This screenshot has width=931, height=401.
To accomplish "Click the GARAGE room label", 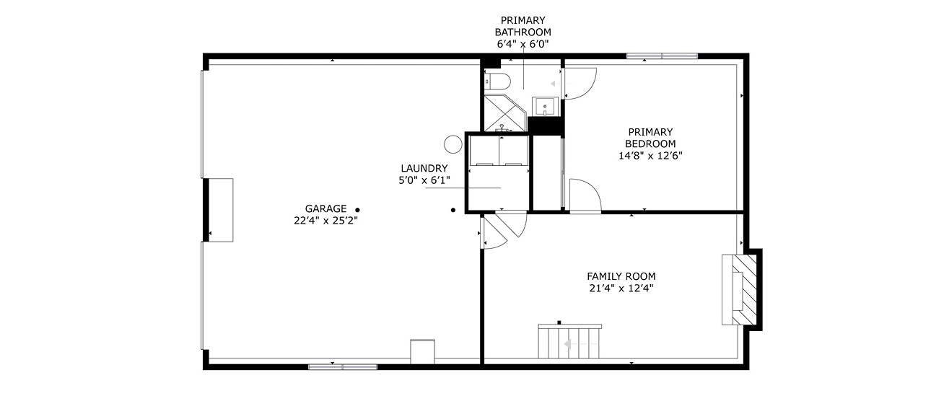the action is click(x=326, y=208).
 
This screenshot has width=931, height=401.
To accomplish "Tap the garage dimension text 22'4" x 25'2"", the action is click(x=326, y=221).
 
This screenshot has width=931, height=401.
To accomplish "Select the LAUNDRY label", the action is click(x=424, y=168).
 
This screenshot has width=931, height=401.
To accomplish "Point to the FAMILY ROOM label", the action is click(x=621, y=276).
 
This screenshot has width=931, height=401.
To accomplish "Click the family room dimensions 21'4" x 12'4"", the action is click(x=621, y=288).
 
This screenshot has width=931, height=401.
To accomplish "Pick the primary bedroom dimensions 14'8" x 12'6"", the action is click(x=650, y=156).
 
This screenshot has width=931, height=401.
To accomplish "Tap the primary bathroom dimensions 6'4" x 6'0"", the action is click(x=523, y=43).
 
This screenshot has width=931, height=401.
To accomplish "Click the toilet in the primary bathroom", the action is click(x=497, y=81).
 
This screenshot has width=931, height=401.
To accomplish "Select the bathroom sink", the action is click(x=545, y=107).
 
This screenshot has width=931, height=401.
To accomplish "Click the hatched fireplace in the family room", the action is click(x=744, y=290).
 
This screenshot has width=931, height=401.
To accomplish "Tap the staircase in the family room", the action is click(x=569, y=341).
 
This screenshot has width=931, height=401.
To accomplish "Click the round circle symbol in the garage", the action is click(x=453, y=144).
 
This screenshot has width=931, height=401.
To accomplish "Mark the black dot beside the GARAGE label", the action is click(x=357, y=210).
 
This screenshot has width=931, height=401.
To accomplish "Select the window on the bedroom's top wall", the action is click(x=662, y=56).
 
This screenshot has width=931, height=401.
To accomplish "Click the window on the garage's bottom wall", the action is click(x=343, y=367).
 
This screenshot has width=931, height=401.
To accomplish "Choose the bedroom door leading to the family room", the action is click(x=585, y=195).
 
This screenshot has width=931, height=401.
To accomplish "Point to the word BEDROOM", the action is click(x=650, y=144).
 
